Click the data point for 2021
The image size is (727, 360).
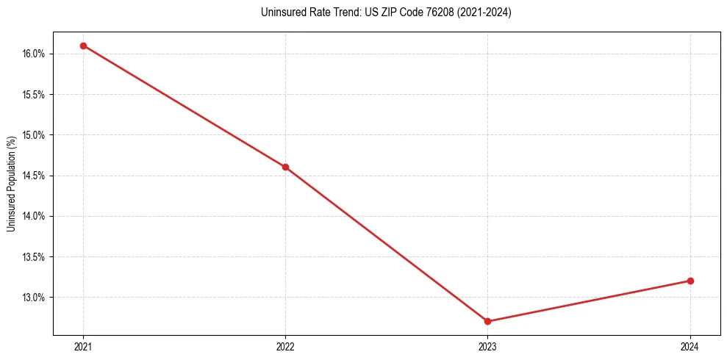83,46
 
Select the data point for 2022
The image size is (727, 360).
285,167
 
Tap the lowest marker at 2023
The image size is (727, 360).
487,321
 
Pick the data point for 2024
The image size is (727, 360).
690,281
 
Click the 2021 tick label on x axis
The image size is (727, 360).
83,346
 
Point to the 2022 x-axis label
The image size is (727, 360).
285,346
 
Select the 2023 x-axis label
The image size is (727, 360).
487,346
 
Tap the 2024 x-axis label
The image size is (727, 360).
690,346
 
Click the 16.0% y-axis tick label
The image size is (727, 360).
35,54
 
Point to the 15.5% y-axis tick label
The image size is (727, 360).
35,95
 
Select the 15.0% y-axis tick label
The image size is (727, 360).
35,135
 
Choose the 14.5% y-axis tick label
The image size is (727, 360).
35,176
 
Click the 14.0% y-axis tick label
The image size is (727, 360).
35,216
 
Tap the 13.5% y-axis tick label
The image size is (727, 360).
35,257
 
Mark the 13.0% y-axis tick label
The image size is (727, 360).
35,298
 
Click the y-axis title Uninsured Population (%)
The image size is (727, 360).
11,183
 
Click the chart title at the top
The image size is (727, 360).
386,12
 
